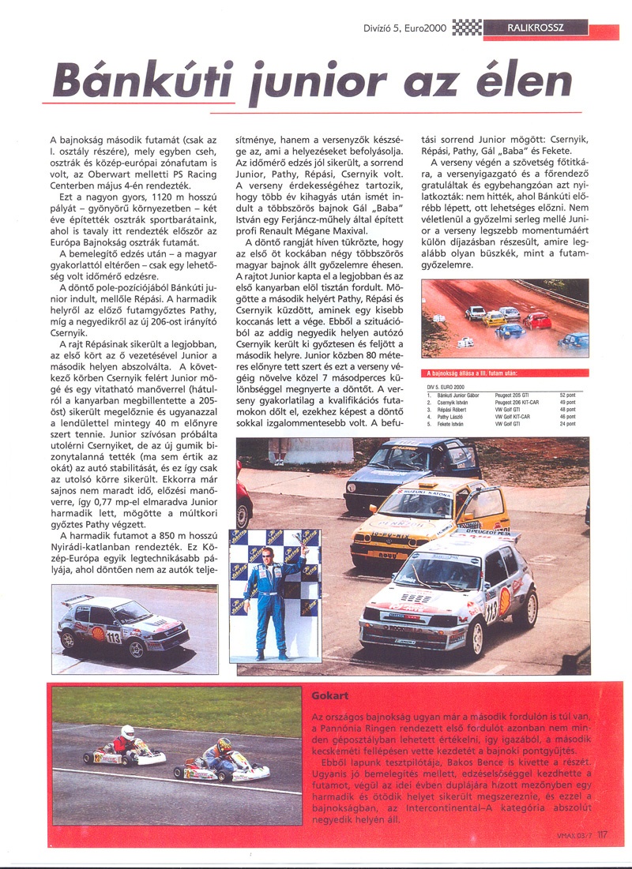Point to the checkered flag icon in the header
coord(468,29)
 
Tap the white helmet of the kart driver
coord(128,732)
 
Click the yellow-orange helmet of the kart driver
coord(224,744)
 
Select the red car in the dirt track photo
coord(537,320)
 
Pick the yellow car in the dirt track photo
coord(495,317)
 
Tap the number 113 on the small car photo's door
coord(114,635)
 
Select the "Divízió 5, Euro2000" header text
coord(402,29)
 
